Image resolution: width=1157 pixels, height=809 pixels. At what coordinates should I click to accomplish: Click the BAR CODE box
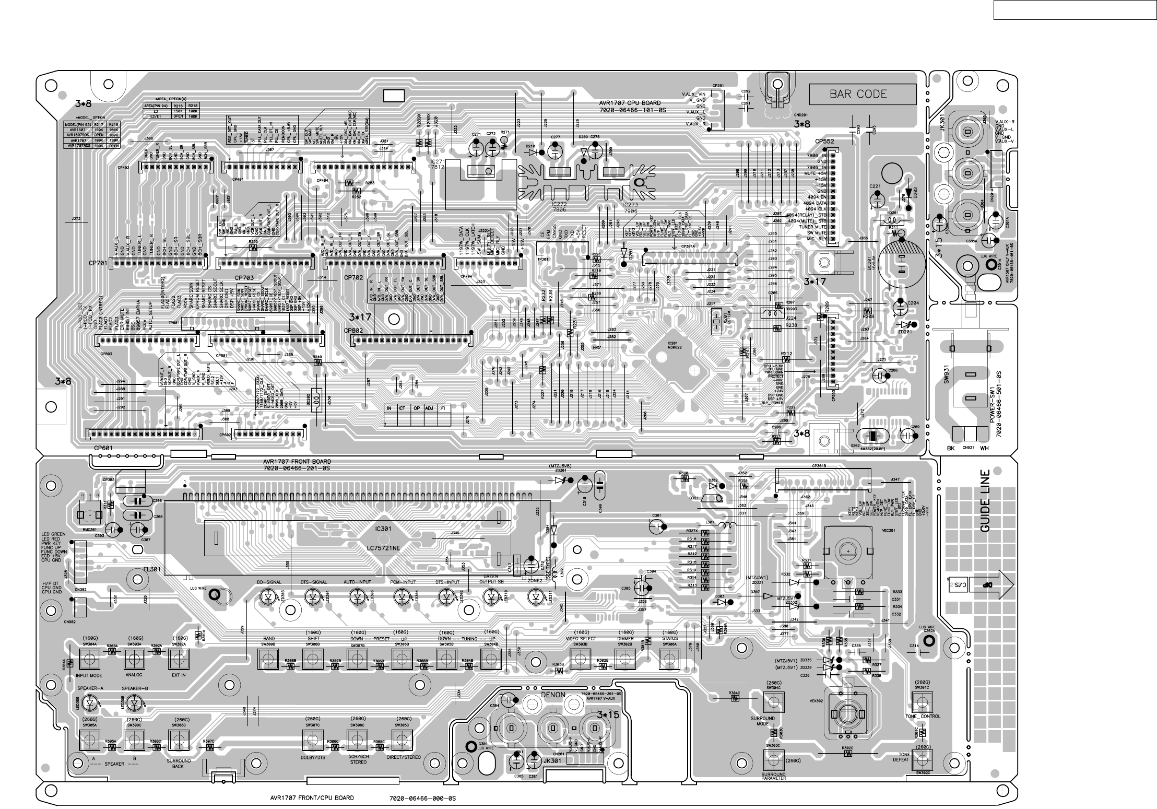pos(863,95)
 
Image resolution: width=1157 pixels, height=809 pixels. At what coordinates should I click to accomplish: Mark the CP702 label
pos(353,278)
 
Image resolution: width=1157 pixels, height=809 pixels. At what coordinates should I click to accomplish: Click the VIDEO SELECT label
pos(581,639)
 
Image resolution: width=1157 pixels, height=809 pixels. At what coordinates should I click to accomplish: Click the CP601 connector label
pos(103,448)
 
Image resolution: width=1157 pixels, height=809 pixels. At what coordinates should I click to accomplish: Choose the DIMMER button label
pos(625,639)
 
